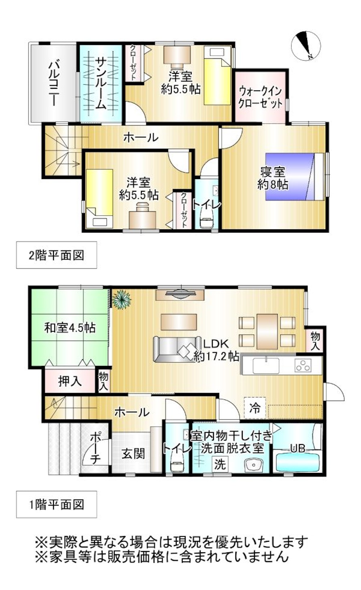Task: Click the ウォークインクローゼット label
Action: [260, 96]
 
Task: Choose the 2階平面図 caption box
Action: [56, 255]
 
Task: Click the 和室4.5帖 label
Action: [70, 327]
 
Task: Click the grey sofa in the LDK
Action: [177, 349]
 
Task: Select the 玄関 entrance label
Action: [133, 453]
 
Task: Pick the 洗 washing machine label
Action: [220, 464]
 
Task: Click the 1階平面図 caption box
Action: [56, 504]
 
